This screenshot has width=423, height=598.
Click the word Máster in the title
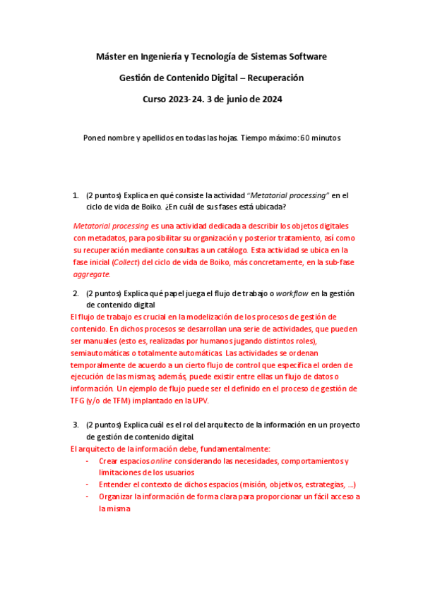point(110,56)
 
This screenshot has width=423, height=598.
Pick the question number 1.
point(76,195)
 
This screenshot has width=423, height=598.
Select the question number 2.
point(76,293)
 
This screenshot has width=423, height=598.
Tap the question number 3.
point(76,425)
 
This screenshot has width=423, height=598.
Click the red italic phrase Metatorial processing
point(111,226)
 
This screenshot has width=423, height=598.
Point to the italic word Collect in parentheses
point(124,262)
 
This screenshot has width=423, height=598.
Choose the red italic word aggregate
point(91,274)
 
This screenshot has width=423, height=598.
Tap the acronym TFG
point(79,401)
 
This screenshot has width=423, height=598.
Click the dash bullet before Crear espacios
point(86,461)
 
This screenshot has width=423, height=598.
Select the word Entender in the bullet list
point(116,485)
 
